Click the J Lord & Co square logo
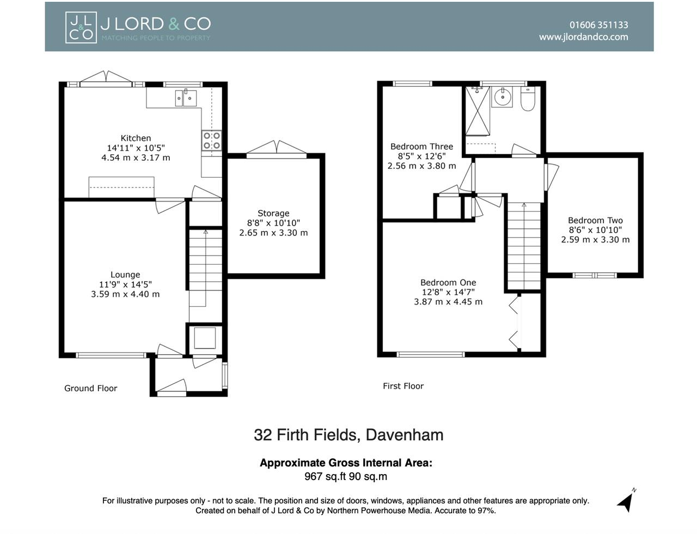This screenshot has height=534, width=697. tap(81, 27)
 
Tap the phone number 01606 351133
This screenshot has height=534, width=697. tap(598, 25)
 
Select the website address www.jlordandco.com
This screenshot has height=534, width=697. tap(583, 37)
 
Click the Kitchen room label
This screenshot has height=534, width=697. tap(136, 138)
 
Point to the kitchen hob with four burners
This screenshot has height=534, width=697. tap(211, 140)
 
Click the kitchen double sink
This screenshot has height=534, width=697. tap(186, 98)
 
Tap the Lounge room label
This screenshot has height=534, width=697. tap(125, 275)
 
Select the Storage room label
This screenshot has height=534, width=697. tap(273, 213)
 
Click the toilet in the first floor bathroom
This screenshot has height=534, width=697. tap(528, 98)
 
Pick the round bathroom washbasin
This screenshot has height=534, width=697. tap(502, 96)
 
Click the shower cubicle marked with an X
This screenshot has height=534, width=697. tap(478, 111)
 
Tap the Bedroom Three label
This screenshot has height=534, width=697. tap(422, 147)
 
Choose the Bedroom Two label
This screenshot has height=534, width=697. tap(595, 220)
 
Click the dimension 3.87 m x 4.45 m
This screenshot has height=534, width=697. tap(448, 302)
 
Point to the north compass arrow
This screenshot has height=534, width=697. tap(626, 502)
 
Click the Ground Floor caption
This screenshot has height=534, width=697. tap(91, 389)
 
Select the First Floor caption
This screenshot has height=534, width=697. tap(403, 386)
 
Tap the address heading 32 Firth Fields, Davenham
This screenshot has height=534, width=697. tap(348, 435)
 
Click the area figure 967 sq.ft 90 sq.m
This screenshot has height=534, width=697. tap(346, 477)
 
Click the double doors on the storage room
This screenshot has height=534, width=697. tap(276, 149)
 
